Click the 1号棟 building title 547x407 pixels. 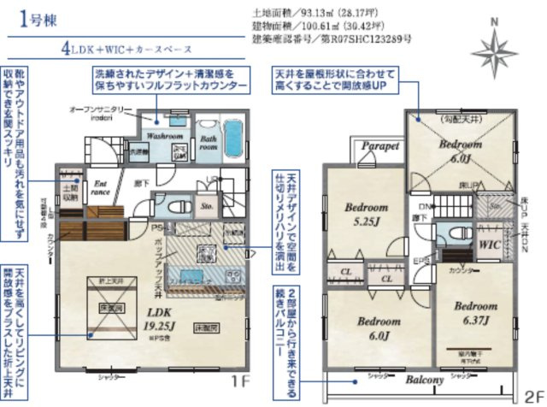click(x=39, y=21)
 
